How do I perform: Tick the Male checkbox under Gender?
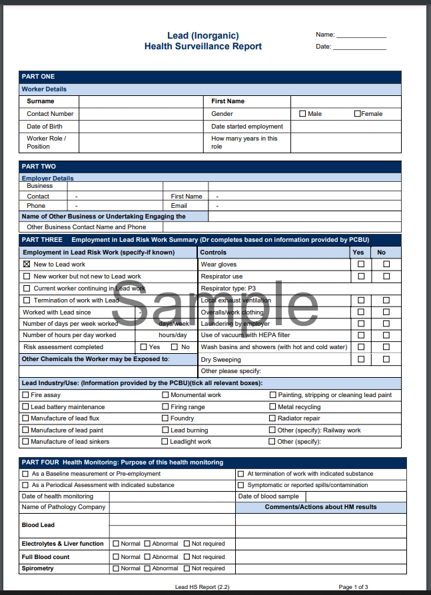point(302,114)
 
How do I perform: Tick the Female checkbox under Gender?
point(358,114)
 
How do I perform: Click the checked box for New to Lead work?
point(27,265)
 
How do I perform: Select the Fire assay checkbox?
point(25,395)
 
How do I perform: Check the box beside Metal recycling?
point(272,407)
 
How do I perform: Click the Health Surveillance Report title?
point(203,47)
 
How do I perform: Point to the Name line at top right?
point(361,35)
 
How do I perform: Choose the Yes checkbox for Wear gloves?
point(361,265)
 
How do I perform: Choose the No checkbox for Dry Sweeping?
point(386,359)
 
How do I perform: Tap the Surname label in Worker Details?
point(41,101)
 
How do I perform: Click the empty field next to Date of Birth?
point(141,127)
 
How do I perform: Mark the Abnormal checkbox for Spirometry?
point(147,568)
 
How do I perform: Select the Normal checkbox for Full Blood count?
point(116,557)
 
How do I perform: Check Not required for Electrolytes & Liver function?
point(187,544)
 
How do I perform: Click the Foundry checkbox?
point(165,418)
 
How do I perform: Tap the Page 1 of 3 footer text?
point(353,587)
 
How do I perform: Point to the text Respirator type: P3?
point(228,289)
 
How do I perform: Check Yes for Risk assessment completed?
point(143,347)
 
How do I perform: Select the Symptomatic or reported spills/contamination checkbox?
point(240,485)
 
